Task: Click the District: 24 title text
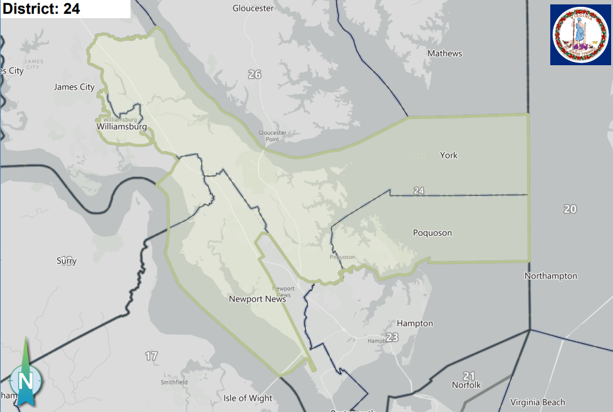coord(41,9)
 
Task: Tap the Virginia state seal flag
coord(580,34)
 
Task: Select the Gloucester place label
coord(253,8)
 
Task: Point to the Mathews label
coord(444,53)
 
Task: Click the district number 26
coord(254,75)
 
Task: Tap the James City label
coord(74,87)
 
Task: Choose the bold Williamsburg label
coord(122,127)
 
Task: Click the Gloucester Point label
coord(272,135)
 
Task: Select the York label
coord(449,155)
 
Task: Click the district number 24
coord(419,190)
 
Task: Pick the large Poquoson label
coord(432,233)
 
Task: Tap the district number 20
coord(570,209)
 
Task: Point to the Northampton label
coord(551,276)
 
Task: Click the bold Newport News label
coord(258,299)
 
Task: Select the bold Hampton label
coord(415,324)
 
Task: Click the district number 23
coord(392,337)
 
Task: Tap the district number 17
coord(151,356)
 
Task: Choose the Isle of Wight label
coord(248,398)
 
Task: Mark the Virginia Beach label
coord(537,402)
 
